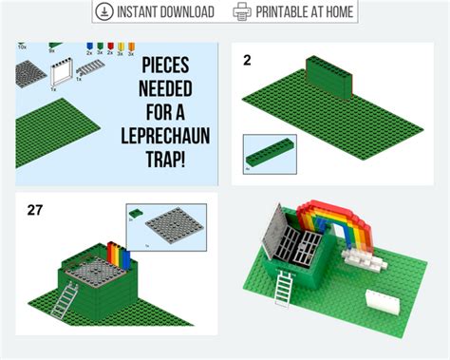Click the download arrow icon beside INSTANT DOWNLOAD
[x=104, y=11]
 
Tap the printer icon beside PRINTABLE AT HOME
[x=242, y=11]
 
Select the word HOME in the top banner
[x=333, y=11]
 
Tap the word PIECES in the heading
[x=167, y=67]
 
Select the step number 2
[x=247, y=61]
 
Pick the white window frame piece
[x=63, y=73]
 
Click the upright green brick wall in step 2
[x=328, y=76]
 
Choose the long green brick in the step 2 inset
[x=270, y=152]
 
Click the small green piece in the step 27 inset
[x=138, y=212]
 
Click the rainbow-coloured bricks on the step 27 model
[x=119, y=256]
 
